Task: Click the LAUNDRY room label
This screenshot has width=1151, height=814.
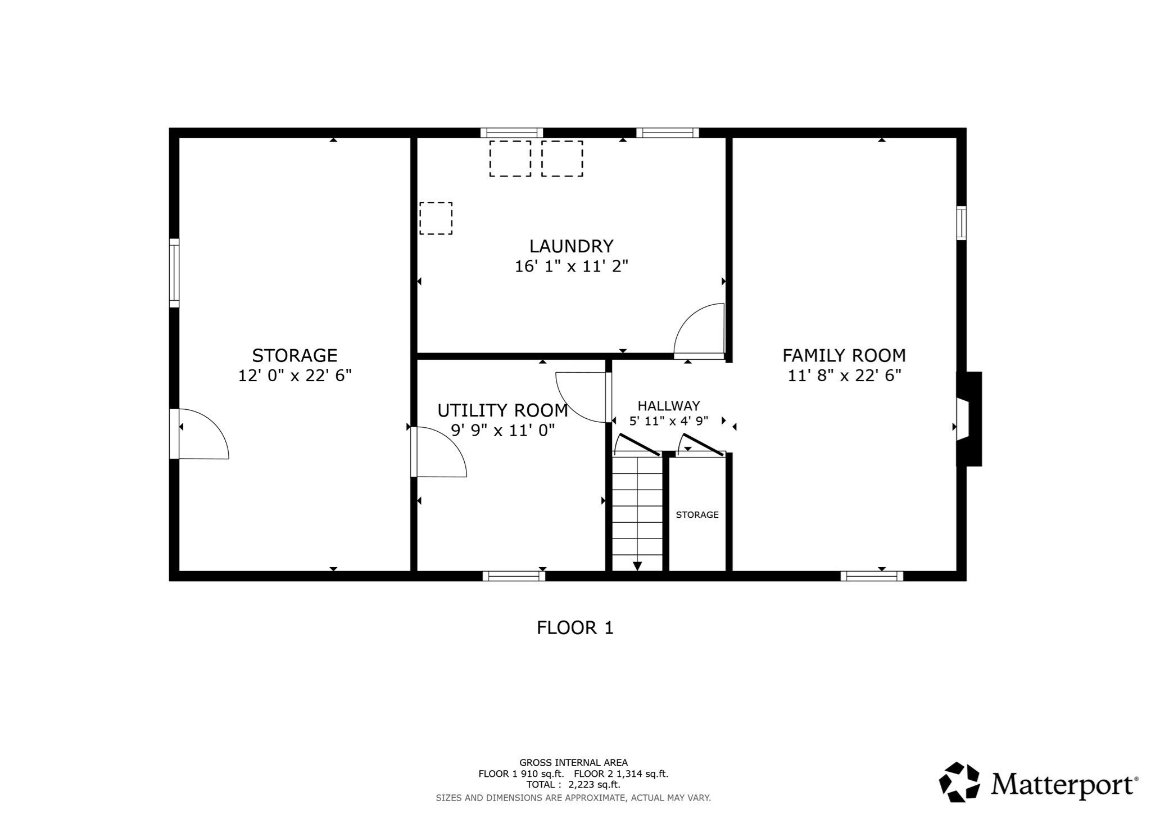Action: click(571, 246)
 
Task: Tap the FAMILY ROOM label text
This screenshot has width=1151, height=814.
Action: click(844, 355)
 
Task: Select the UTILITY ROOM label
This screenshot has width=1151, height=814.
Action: click(502, 410)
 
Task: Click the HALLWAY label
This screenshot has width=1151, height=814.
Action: click(668, 406)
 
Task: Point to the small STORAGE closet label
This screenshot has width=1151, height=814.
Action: click(697, 515)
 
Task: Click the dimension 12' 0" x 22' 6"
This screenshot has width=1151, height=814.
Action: click(294, 376)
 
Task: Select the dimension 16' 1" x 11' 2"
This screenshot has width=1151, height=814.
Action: click(571, 266)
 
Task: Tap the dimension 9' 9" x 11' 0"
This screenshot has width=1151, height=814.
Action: click(502, 431)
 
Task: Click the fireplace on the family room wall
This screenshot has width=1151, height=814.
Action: click(969, 419)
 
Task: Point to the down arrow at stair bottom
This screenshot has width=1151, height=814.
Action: click(637, 565)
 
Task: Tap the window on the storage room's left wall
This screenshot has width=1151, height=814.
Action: click(174, 273)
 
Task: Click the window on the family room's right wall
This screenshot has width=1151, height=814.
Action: click(962, 223)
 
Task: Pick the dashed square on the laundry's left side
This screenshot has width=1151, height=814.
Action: click(436, 218)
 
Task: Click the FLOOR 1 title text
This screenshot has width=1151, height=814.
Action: click(574, 628)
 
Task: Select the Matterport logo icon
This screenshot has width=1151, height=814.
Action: click(959, 781)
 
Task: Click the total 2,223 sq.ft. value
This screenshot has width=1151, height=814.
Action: click(594, 785)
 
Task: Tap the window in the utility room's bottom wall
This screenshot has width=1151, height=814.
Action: click(514, 576)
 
